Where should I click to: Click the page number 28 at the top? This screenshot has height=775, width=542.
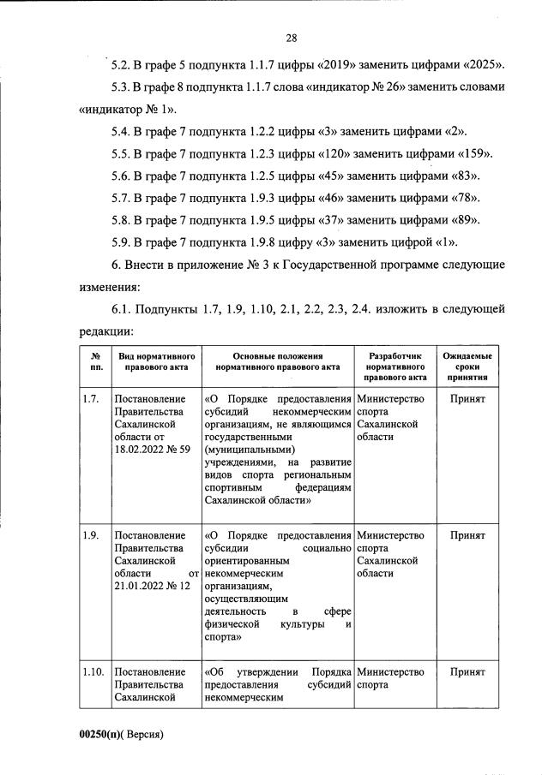point(291,38)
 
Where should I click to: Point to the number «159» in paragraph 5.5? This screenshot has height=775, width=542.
point(471,154)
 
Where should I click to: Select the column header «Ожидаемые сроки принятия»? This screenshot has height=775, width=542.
point(467,365)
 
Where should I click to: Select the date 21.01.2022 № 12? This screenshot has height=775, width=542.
point(152,585)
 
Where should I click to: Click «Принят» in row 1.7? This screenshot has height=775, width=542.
point(467,399)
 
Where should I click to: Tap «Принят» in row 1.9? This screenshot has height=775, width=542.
point(467,535)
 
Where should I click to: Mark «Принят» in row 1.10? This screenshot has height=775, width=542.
point(467,672)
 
